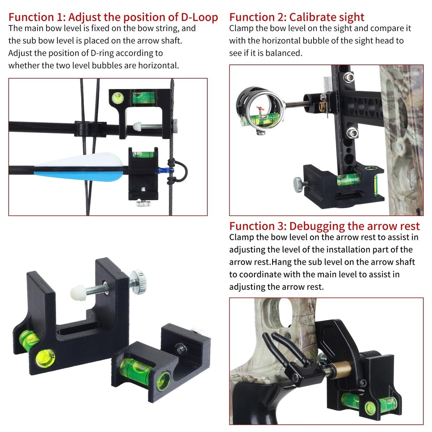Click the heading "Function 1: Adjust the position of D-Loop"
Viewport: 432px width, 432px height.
pyautogui.click(x=113, y=18)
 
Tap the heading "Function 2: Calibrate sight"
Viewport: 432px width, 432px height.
pyautogui.click(x=297, y=18)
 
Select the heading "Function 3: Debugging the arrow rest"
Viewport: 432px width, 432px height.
pyautogui.click(x=324, y=226)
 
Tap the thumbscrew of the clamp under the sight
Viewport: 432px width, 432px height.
pyautogui.click(x=299, y=183)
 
